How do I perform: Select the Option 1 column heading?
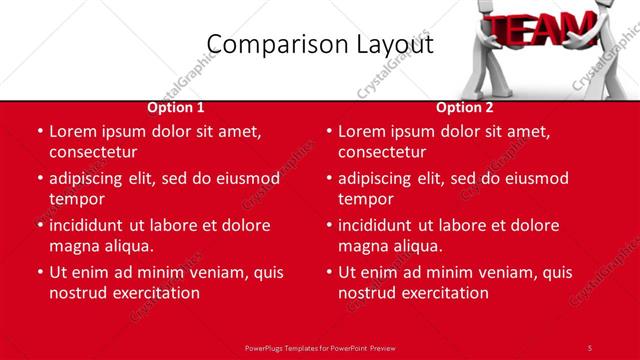[x=176, y=108]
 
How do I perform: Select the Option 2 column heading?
[x=465, y=108]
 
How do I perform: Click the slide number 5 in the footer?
[x=589, y=347]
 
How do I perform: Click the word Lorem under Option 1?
[x=73, y=131]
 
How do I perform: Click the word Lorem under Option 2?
[x=362, y=131]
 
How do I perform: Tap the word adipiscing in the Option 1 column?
[x=91, y=178]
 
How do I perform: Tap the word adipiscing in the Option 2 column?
[x=380, y=178]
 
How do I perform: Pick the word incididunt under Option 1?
[x=91, y=225]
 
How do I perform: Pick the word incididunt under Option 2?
[x=380, y=225]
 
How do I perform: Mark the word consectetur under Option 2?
[x=381, y=152]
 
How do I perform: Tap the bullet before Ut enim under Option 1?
[x=38, y=272]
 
